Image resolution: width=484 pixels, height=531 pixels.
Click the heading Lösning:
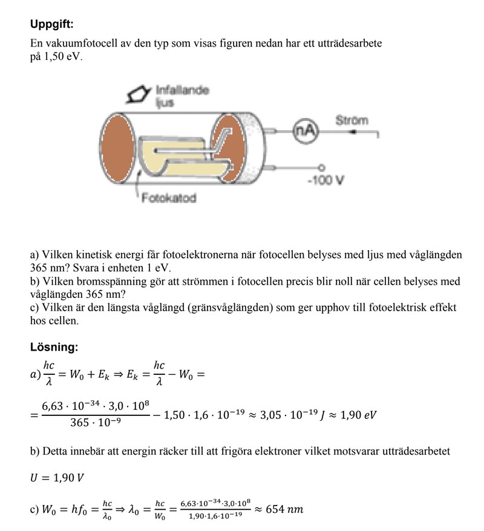pos(54,348)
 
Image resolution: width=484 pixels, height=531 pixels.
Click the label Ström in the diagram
pos(352,120)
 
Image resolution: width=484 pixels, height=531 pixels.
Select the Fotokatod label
pos(169,199)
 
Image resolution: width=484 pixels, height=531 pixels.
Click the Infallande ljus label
pos(182,96)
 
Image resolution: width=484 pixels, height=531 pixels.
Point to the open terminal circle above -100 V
pos(322,167)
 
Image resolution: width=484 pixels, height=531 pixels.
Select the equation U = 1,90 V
pos(57,478)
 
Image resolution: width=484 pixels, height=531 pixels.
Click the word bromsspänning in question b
pos(102,282)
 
